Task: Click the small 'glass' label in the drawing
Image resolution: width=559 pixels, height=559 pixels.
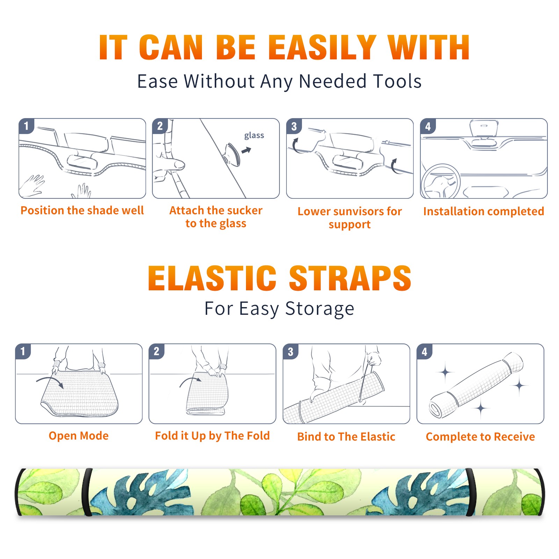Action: pyautogui.click(x=254, y=136)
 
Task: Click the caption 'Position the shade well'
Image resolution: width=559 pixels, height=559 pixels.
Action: pyautogui.click(x=82, y=210)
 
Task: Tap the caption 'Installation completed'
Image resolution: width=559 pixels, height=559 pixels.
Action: pyautogui.click(x=484, y=211)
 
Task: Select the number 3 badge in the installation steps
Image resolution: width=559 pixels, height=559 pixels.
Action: pyautogui.click(x=294, y=126)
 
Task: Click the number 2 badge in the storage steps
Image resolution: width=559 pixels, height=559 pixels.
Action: pyautogui.click(x=157, y=351)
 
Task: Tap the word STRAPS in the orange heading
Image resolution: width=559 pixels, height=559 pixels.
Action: pyautogui.click(x=350, y=278)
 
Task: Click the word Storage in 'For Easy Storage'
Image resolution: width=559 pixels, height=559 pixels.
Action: pyautogui.click(x=320, y=309)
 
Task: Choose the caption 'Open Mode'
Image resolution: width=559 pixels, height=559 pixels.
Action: pyautogui.click(x=79, y=436)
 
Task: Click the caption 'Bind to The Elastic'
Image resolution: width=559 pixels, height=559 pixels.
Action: pyautogui.click(x=346, y=437)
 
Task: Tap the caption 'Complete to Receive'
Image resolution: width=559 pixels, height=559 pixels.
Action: pyautogui.click(x=480, y=437)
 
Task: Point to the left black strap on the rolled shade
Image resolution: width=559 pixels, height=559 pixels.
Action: pyautogui.click(x=87, y=492)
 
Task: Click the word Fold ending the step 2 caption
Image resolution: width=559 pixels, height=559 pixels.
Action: pyautogui.click(x=258, y=436)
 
